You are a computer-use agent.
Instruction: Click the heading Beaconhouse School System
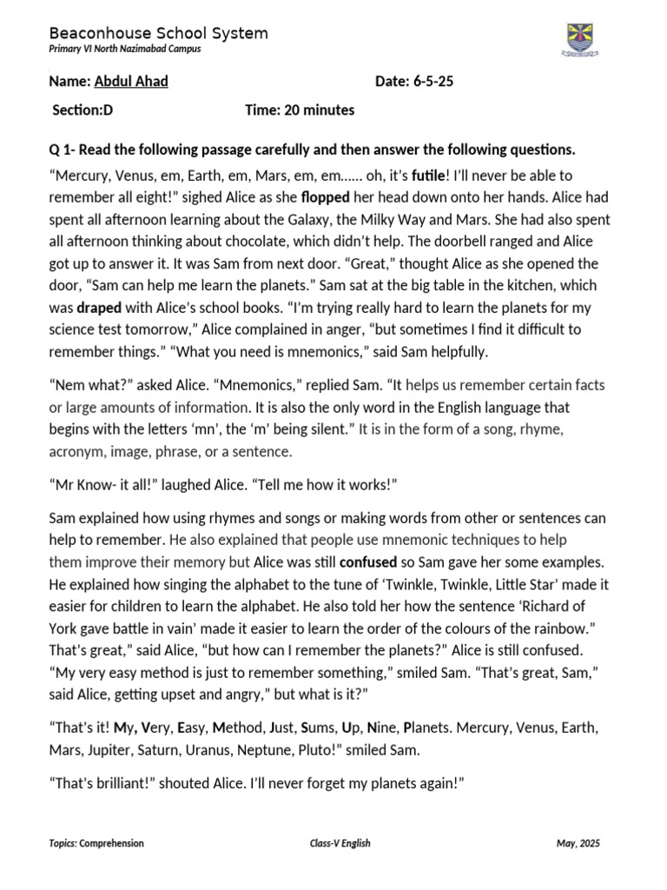pyautogui.click(x=158, y=33)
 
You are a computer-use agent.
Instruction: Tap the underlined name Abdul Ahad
pyautogui.click(x=131, y=82)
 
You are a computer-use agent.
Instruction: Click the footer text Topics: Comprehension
pyautogui.click(x=96, y=843)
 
